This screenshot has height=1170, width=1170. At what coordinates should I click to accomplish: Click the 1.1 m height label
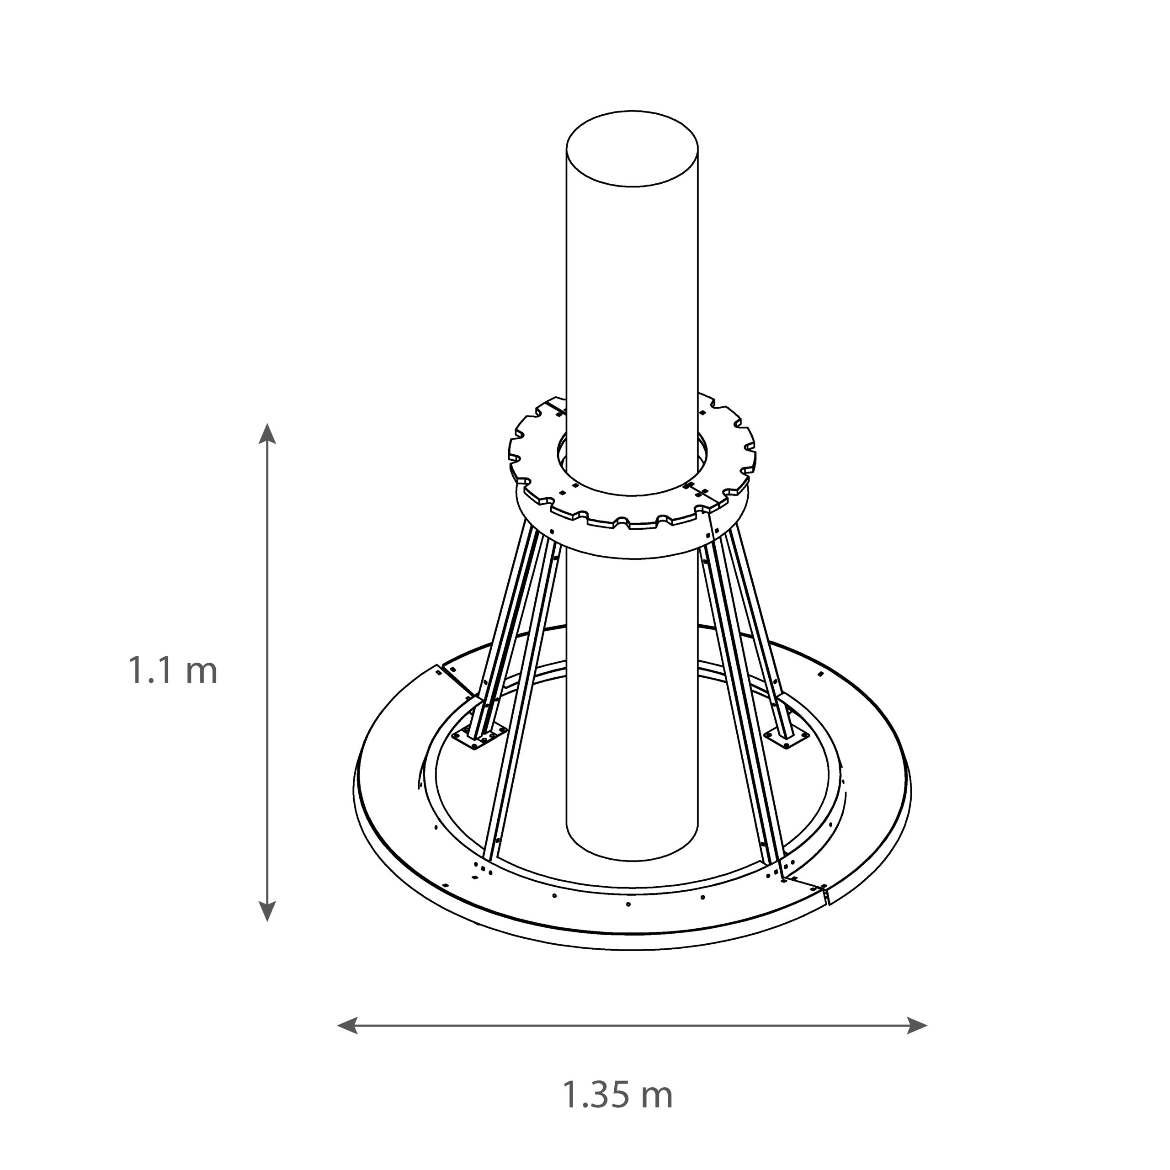(173, 671)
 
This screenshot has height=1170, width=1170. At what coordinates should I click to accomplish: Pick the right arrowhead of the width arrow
(917, 1025)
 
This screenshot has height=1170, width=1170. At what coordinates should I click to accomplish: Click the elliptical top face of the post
(632, 149)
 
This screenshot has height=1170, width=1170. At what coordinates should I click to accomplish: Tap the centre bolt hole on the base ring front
(628, 905)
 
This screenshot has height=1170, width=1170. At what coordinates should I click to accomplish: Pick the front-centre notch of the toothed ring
(622, 521)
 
